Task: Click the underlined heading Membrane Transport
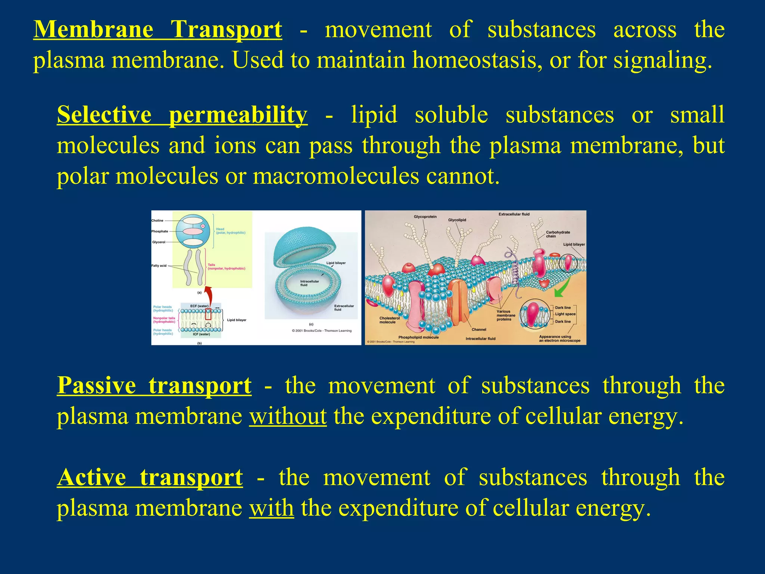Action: point(158,30)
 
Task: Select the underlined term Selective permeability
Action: point(182,115)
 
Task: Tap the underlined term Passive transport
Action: point(154,385)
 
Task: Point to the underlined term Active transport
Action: point(150,478)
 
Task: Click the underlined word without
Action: point(288,416)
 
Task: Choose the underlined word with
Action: point(271,508)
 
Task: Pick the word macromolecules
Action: point(336,176)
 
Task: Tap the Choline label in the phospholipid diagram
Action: point(157,220)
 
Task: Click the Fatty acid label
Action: point(159,266)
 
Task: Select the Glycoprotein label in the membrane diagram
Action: point(425,217)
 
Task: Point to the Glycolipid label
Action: point(457,220)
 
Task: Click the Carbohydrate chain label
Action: point(558,234)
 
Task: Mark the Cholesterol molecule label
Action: point(389,320)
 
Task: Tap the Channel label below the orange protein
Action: point(479,330)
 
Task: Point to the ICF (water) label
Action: point(201,334)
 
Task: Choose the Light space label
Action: point(565,314)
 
